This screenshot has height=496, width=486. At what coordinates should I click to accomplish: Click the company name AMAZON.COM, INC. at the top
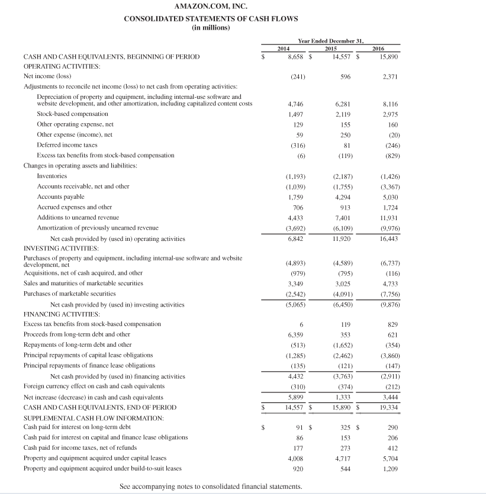coord(211,7)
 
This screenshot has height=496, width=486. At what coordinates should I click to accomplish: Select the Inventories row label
coord(52,176)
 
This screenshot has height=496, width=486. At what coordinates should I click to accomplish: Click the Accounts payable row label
coord(60,197)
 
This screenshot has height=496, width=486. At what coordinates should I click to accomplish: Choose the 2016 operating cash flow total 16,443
coord(388,239)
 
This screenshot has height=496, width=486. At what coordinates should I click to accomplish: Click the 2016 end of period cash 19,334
coord(388,408)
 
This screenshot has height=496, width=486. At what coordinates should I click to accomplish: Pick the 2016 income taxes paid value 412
coord(392,448)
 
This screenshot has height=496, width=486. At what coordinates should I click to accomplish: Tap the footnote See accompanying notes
coord(211,487)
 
